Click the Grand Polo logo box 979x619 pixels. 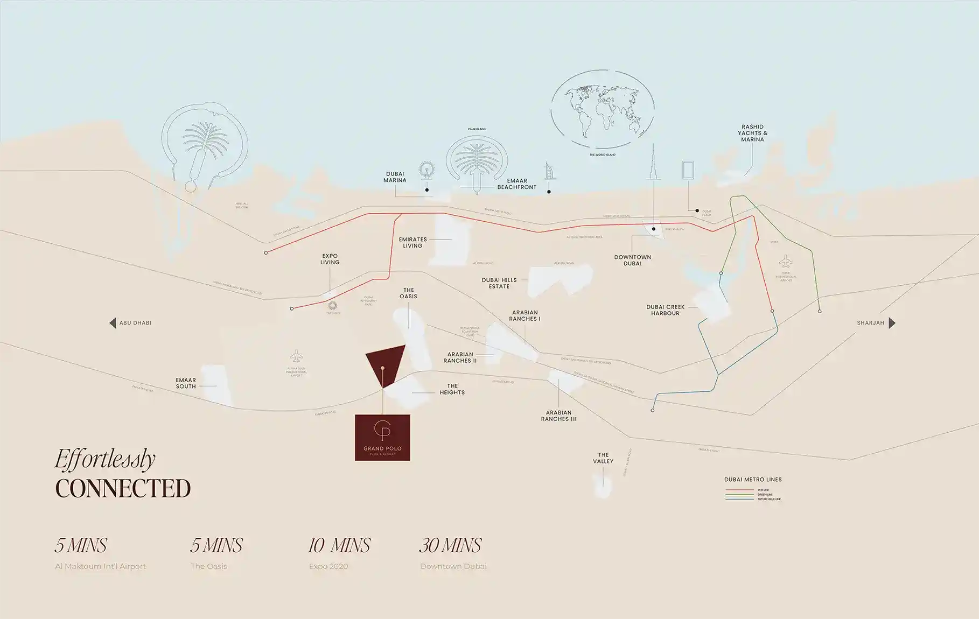(x=382, y=438)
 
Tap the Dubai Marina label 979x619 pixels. (x=395, y=177)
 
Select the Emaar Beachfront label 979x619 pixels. (x=516, y=184)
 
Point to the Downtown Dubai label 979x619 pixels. (x=632, y=260)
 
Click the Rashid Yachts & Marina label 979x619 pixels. (x=752, y=133)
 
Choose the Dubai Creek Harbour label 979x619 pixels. (x=666, y=310)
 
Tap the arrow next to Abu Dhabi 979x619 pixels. (x=113, y=323)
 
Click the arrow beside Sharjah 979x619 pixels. (x=892, y=323)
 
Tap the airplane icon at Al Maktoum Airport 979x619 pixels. (x=296, y=356)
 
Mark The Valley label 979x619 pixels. (x=603, y=458)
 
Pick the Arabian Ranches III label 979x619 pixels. (x=558, y=416)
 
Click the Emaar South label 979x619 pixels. (x=186, y=383)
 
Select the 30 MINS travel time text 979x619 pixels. (x=450, y=545)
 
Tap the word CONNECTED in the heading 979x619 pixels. (x=123, y=488)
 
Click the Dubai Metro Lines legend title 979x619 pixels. (x=753, y=479)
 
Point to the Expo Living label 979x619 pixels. (x=330, y=259)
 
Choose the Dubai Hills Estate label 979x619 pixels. (x=499, y=283)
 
